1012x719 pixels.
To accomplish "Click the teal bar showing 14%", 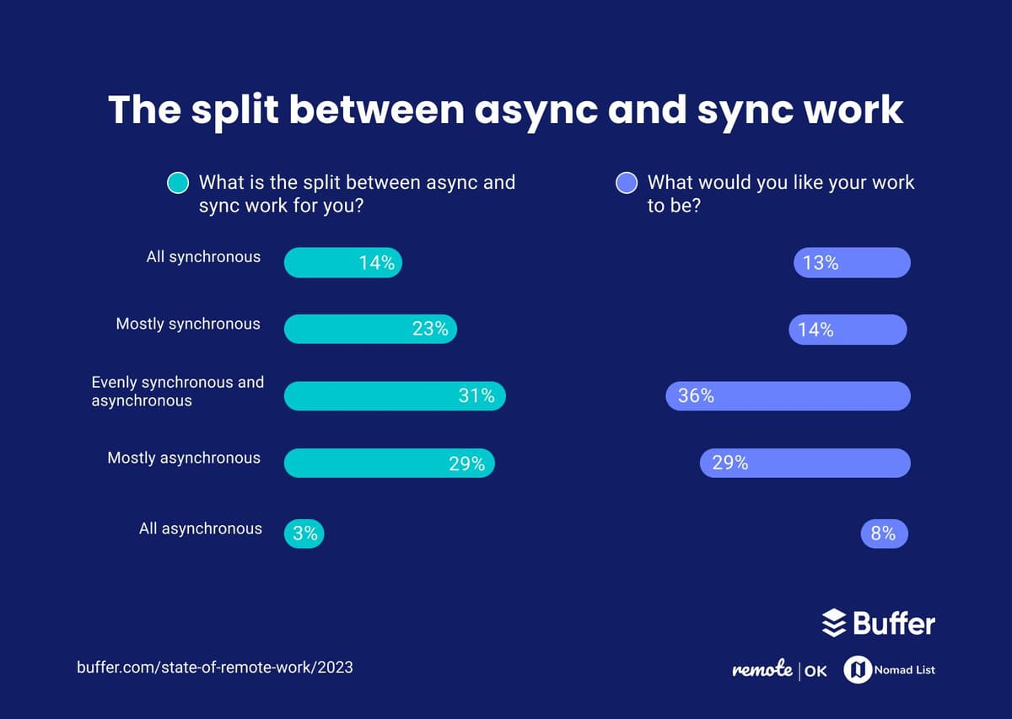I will click(342, 263).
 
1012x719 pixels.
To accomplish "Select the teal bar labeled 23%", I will click(369, 329).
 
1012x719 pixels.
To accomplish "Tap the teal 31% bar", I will click(394, 396).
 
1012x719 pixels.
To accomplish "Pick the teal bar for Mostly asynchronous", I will click(389, 464).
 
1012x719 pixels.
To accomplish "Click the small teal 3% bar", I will click(304, 534).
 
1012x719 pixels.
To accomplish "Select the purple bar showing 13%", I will click(852, 263).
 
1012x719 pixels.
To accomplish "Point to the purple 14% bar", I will click(848, 330).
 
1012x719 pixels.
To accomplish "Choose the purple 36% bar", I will click(788, 396).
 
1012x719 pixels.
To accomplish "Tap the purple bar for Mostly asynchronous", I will click(805, 463).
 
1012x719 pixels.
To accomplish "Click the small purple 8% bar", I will click(884, 534).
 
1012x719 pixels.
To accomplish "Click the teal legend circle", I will click(178, 183).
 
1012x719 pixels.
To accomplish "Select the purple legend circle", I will click(627, 183).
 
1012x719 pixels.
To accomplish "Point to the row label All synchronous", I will click(203, 257).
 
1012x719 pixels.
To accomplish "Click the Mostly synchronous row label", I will click(188, 324).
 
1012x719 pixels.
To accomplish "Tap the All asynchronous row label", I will click(201, 529).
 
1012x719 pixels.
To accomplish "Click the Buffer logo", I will click(878, 624).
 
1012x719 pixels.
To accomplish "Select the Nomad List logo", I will click(890, 670).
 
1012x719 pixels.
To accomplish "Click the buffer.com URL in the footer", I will click(215, 668).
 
